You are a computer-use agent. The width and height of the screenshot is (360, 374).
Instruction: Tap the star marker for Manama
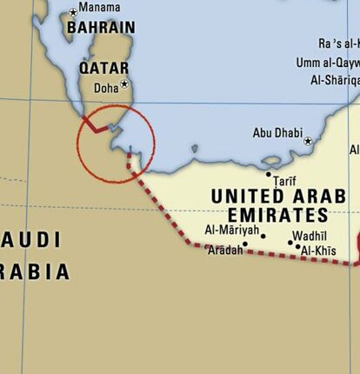[x=72, y=12]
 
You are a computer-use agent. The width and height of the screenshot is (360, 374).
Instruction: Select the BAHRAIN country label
[x=100, y=28]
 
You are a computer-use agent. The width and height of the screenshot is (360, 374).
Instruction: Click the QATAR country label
[x=103, y=67]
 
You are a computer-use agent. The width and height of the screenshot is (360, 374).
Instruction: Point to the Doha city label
[x=105, y=87]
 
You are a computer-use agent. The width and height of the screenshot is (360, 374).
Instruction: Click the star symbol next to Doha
[x=124, y=84]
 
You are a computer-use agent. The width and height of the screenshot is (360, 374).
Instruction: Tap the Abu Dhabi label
[x=277, y=133]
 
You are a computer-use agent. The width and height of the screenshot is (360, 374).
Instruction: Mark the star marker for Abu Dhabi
[x=307, y=140]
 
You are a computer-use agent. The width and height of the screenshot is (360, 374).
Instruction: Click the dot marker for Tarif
[x=269, y=174]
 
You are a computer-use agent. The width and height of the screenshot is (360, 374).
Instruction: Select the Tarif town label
[x=285, y=181]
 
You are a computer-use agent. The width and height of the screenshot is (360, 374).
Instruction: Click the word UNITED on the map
[x=252, y=197]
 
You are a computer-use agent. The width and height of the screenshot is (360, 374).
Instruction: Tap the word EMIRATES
[x=277, y=215]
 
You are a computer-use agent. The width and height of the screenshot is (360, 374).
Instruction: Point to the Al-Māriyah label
[x=231, y=230]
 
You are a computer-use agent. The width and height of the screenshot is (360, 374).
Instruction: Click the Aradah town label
[x=224, y=250]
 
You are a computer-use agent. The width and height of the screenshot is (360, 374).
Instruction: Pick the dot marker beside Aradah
[x=245, y=244]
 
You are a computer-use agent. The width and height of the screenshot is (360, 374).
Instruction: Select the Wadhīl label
[x=310, y=237]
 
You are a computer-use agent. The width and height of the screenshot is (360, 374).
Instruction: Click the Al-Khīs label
[x=318, y=251]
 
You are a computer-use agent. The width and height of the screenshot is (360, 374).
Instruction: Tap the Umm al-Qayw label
[x=327, y=63]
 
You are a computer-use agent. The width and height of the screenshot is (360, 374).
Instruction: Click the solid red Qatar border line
[x=96, y=129]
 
